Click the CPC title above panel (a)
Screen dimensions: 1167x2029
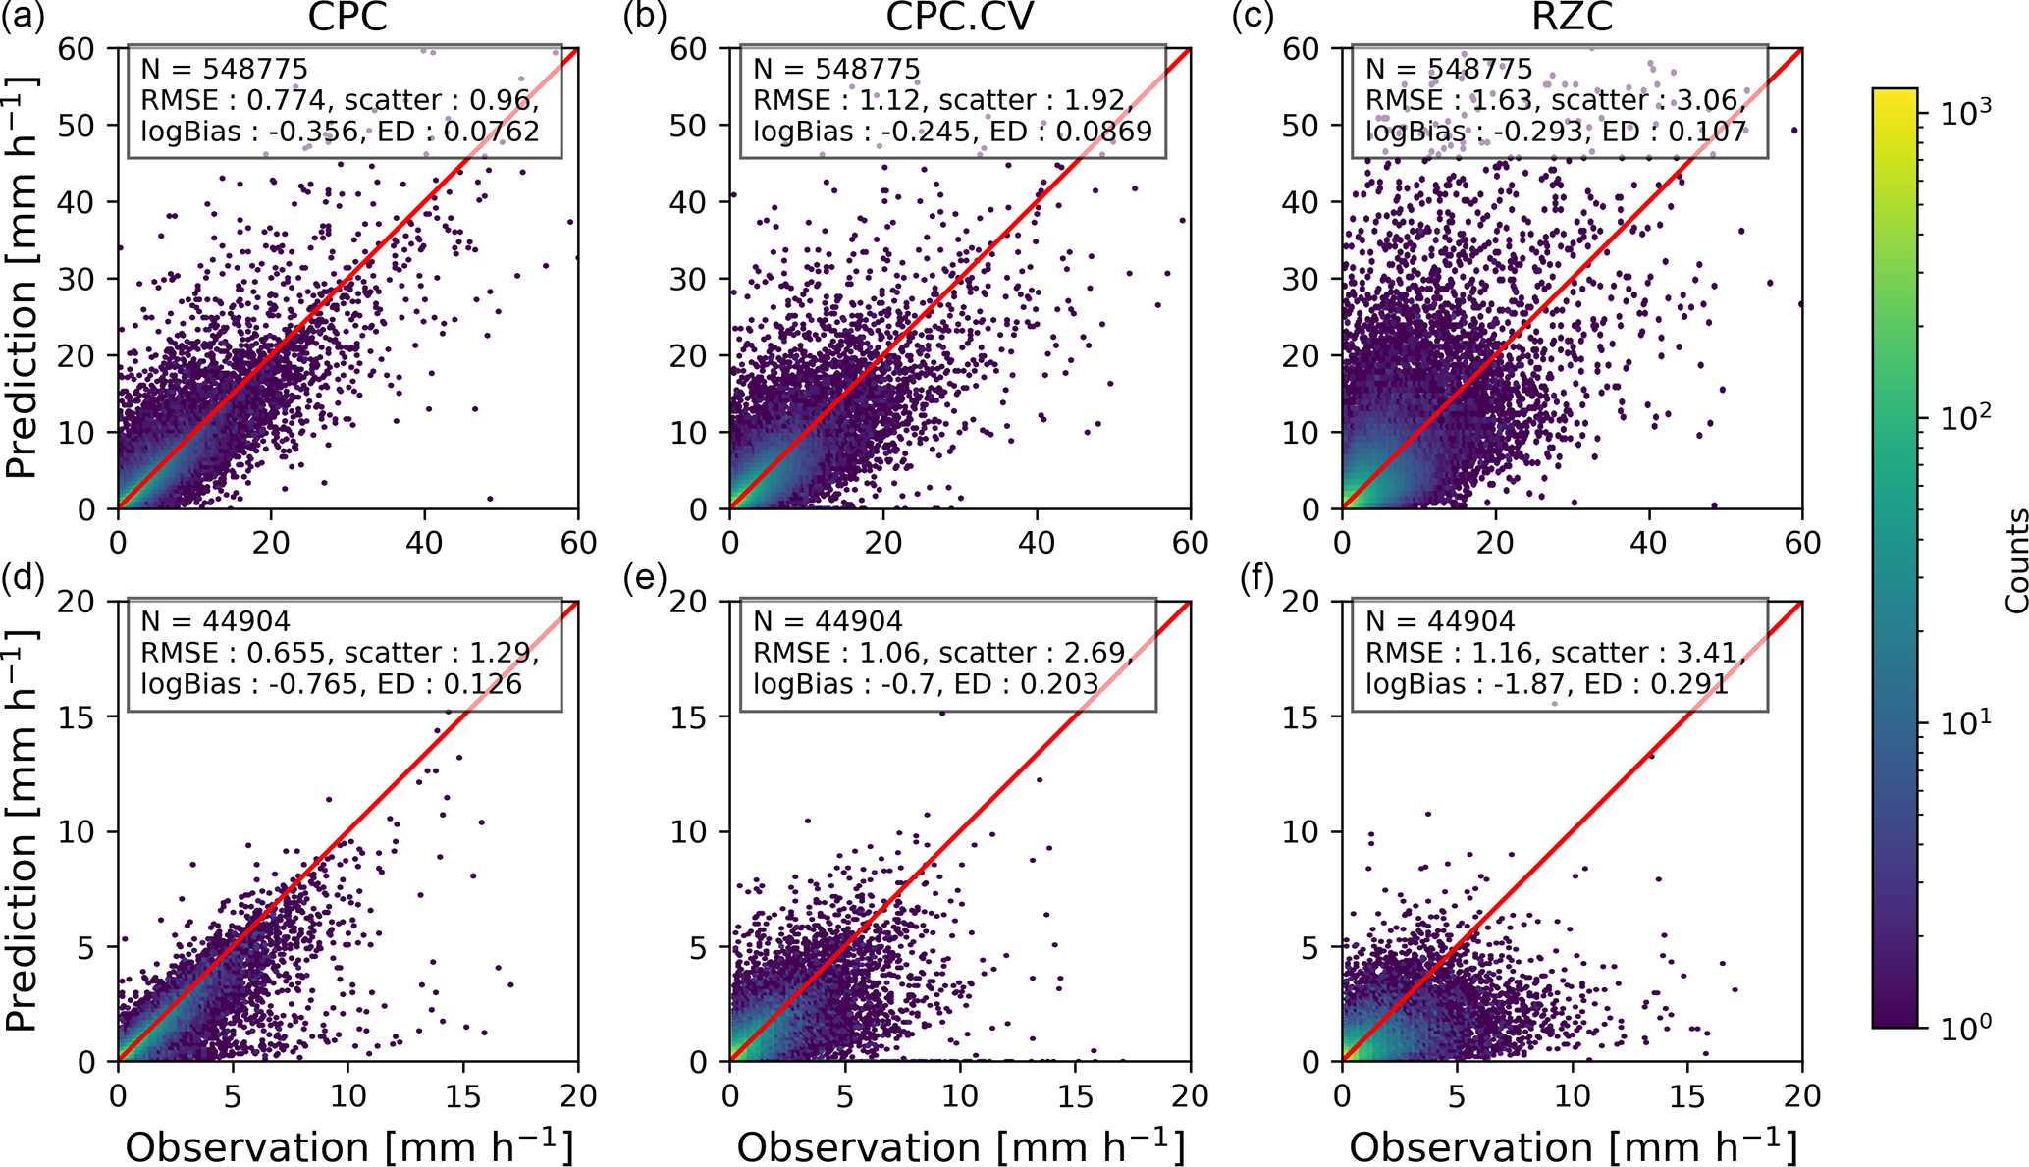[347, 18]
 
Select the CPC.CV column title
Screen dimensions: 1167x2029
[959, 18]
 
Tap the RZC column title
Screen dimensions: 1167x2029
[1572, 18]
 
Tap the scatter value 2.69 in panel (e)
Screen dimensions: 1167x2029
[1096, 653]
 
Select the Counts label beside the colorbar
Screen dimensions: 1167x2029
[2015, 560]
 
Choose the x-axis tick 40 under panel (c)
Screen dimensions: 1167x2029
[1648, 543]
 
